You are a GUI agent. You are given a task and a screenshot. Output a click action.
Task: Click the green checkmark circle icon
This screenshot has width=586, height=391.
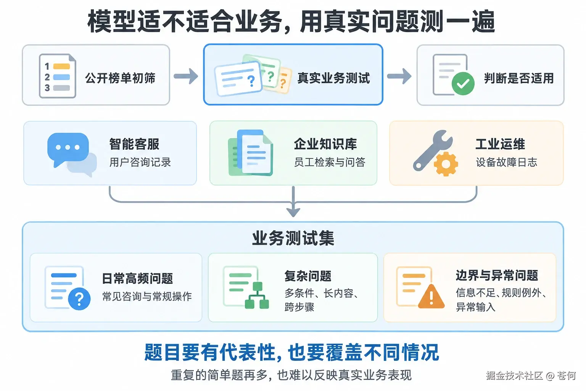tap(463, 83)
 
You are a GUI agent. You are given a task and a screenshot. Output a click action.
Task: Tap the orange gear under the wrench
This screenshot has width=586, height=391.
tap(446, 164)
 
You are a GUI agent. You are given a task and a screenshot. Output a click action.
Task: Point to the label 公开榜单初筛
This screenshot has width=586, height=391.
tap(120, 78)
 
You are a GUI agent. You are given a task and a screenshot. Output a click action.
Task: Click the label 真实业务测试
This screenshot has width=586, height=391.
tap(333, 78)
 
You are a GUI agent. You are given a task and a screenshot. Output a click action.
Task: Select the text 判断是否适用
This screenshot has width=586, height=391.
tap(519, 78)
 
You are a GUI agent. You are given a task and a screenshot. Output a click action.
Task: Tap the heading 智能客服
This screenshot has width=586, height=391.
tap(134, 144)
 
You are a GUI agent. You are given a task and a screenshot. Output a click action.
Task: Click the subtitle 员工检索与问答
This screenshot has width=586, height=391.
tap(330, 162)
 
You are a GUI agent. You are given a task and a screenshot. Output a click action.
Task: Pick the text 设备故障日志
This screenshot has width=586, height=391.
tap(507, 162)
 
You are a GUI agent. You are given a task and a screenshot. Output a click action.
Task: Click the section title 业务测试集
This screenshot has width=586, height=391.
tap(293, 238)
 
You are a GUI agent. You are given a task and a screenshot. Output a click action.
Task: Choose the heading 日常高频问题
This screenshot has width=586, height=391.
tap(137, 278)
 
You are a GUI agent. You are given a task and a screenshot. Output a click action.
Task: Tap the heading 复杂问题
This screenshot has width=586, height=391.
tap(308, 276)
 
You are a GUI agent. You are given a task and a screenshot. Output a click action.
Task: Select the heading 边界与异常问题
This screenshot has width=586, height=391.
tap(497, 276)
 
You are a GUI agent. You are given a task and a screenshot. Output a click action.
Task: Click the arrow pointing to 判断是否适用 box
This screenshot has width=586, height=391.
tap(399, 76)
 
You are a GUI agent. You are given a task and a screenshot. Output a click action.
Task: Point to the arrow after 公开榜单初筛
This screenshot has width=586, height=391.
tap(186, 76)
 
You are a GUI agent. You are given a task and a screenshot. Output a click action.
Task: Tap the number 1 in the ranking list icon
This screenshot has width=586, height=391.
tap(47, 66)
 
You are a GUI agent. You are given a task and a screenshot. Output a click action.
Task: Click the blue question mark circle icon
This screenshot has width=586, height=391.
tap(79, 299)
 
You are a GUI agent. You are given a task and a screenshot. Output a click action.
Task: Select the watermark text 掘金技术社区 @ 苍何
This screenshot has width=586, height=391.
tap(531, 376)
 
